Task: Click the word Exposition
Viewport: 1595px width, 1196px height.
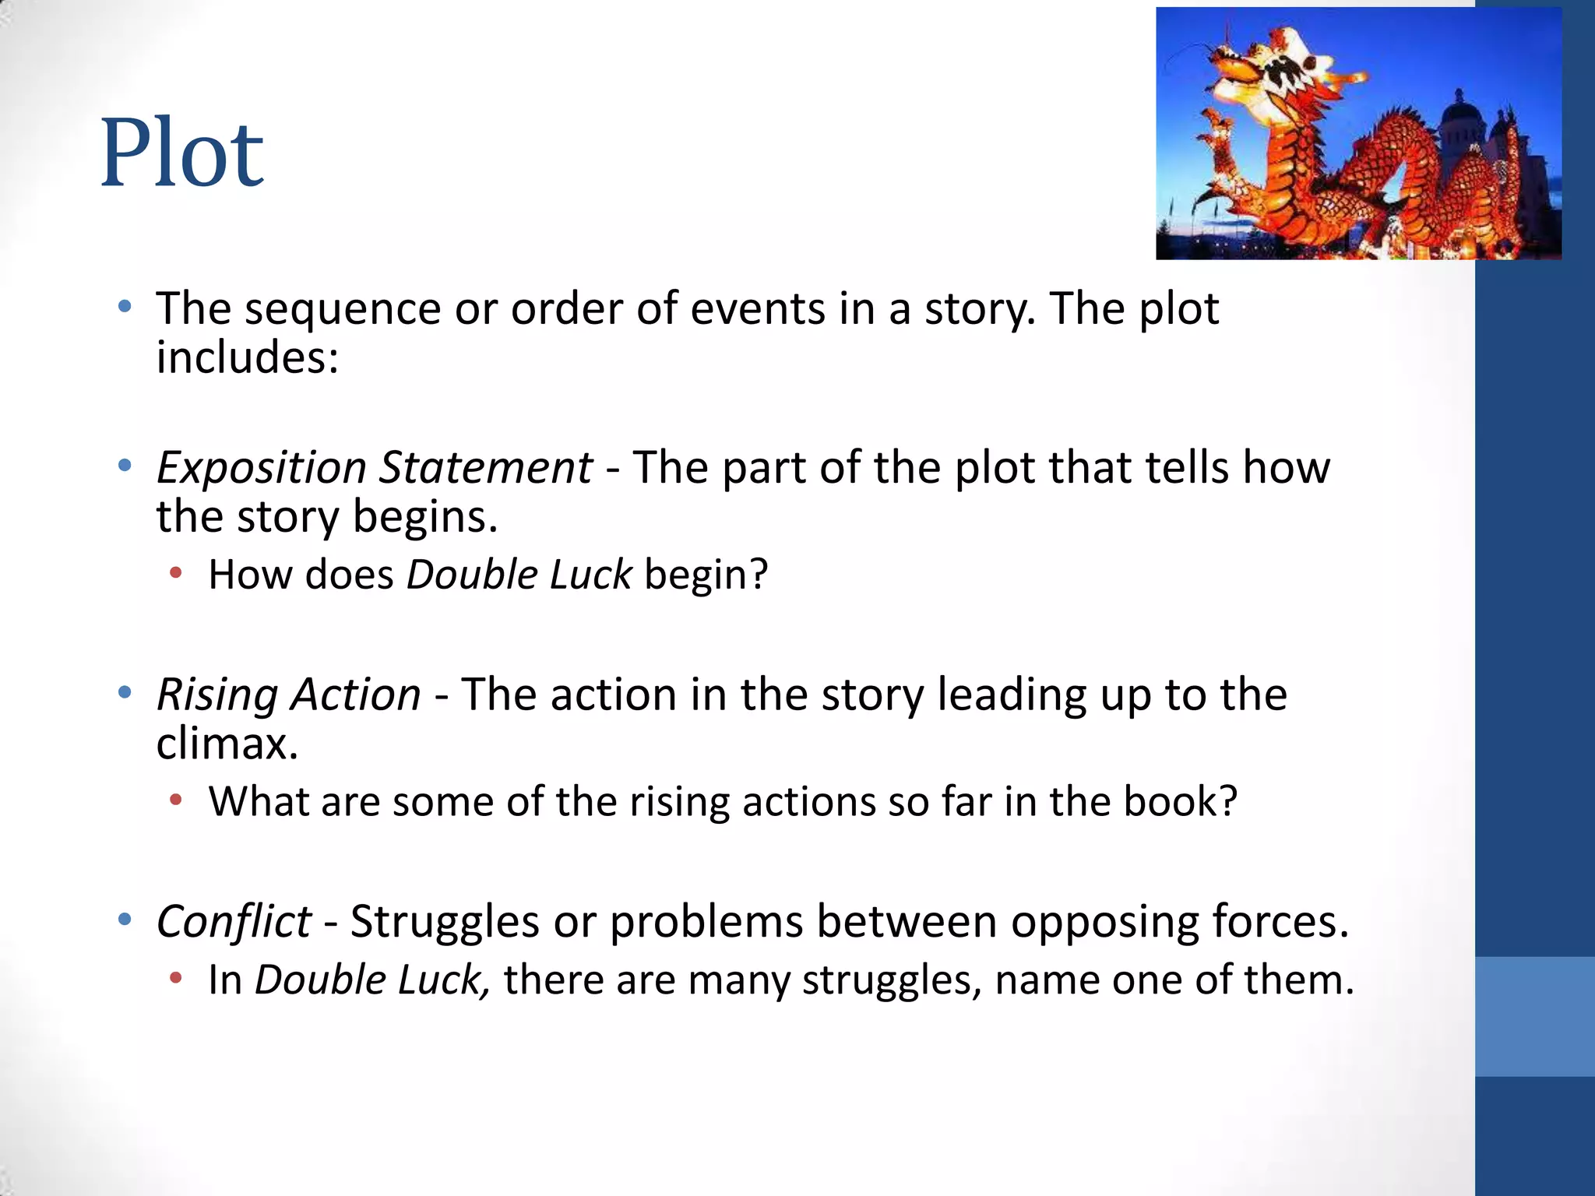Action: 261,469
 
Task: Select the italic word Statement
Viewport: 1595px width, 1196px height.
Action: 485,469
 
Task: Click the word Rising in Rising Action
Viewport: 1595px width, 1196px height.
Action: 217,695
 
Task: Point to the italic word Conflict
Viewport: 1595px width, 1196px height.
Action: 234,922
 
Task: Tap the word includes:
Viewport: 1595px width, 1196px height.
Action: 247,358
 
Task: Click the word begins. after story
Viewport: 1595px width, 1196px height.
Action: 425,517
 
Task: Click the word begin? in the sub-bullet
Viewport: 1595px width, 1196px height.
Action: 706,575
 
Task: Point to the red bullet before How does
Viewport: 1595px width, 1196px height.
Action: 176,574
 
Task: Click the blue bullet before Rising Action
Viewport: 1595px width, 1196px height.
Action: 125,692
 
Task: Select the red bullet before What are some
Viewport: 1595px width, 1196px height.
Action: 176,800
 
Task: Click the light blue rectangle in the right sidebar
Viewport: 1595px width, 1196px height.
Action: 1534,1016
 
